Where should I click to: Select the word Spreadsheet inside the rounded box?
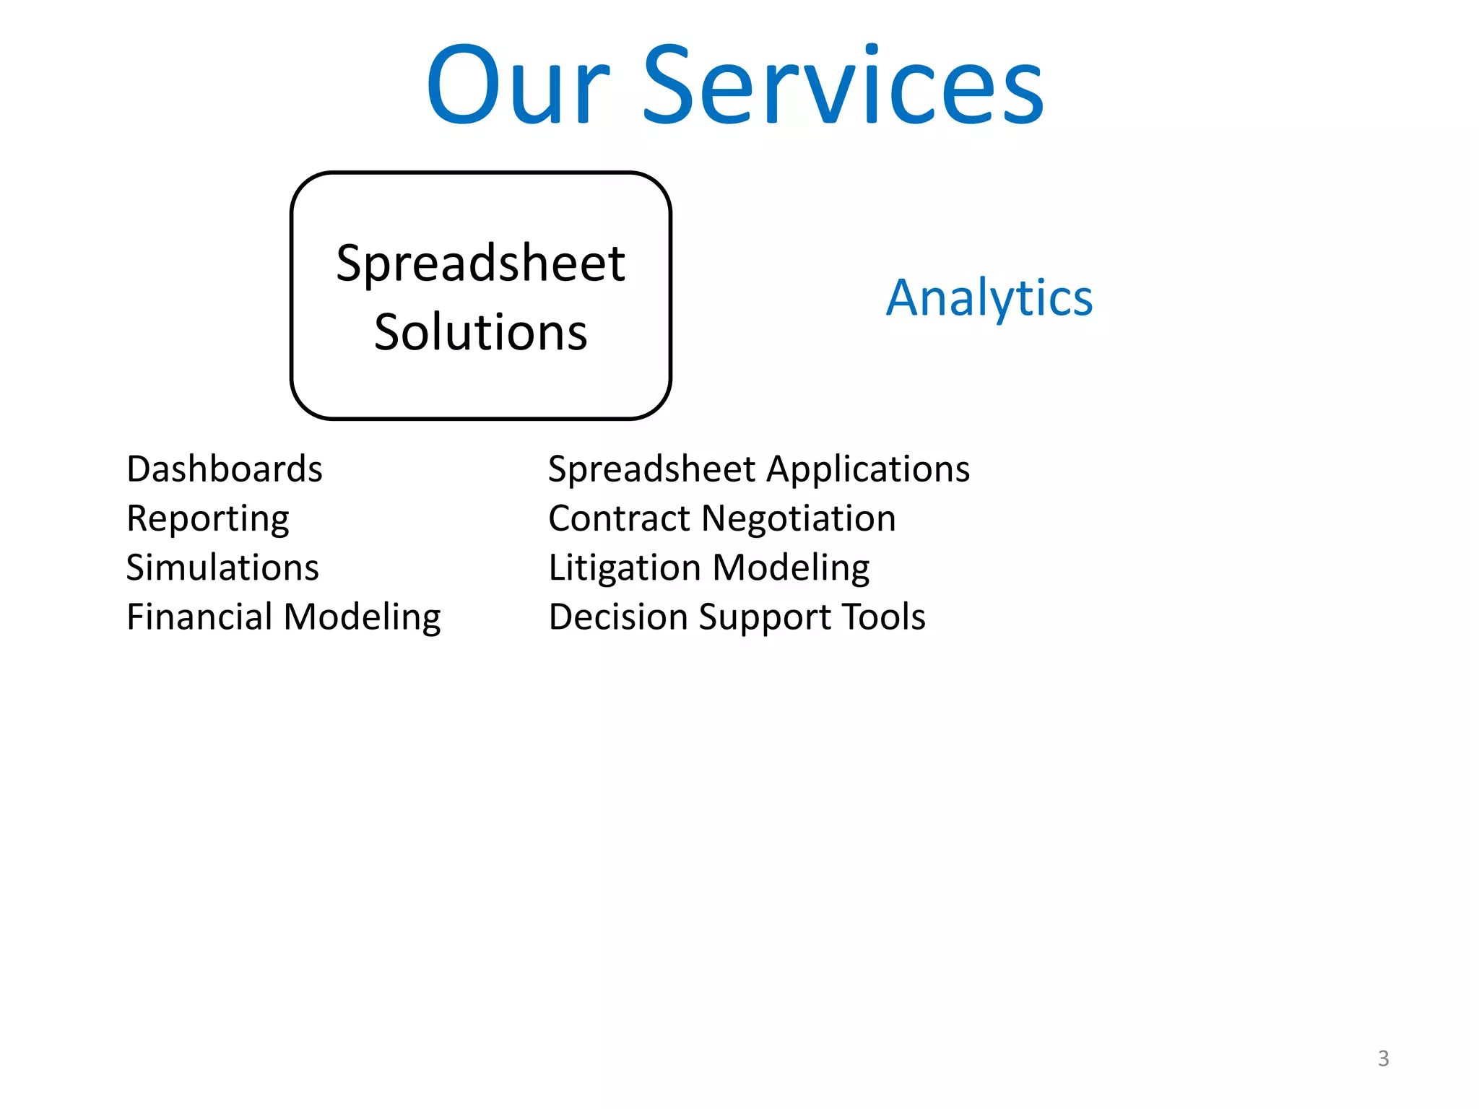point(480,263)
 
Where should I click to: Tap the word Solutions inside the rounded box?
point(480,332)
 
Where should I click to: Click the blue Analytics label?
point(989,297)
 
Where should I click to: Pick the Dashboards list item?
point(224,469)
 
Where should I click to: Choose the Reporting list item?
point(208,519)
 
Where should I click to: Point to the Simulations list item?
point(222,567)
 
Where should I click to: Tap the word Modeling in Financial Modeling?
point(362,618)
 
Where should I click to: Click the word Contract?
point(619,519)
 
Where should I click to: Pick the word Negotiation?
point(799,519)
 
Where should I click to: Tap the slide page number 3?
point(1383,1058)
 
